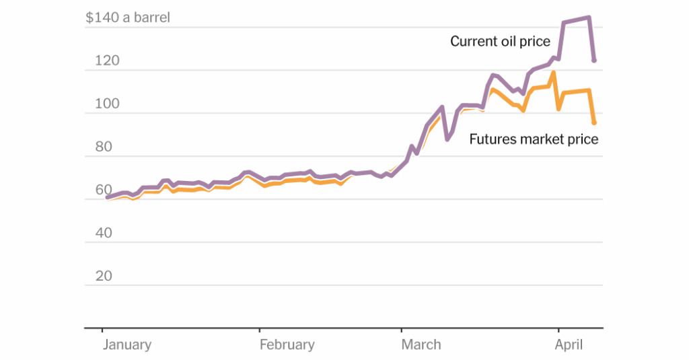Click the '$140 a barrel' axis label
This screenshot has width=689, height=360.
pyautogui.click(x=127, y=17)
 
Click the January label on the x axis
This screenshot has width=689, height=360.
pyautogui.click(x=126, y=345)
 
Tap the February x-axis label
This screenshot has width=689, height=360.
pyautogui.click(x=287, y=345)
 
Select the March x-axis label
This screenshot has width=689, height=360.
pyautogui.click(x=421, y=345)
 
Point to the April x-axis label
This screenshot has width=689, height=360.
pyautogui.click(x=569, y=345)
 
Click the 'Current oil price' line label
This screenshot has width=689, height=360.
pyautogui.click(x=500, y=42)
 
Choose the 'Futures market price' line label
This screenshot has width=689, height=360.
pyautogui.click(x=534, y=139)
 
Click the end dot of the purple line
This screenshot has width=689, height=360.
pyautogui.click(x=594, y=61)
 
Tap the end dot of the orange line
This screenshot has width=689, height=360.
pyautogui.click(x=594, y=122)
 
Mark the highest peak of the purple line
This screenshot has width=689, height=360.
pyautogui.click(x=589, y=17)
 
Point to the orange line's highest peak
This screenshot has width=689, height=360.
pyautogui.click(x=552, y=72)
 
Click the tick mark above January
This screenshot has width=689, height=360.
pyautogui.click(x=102, y=331)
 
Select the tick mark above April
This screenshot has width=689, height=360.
pyautogui.click(x=558, y=331)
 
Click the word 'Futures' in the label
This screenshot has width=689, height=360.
pyautogui.click(x=493, y=139)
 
